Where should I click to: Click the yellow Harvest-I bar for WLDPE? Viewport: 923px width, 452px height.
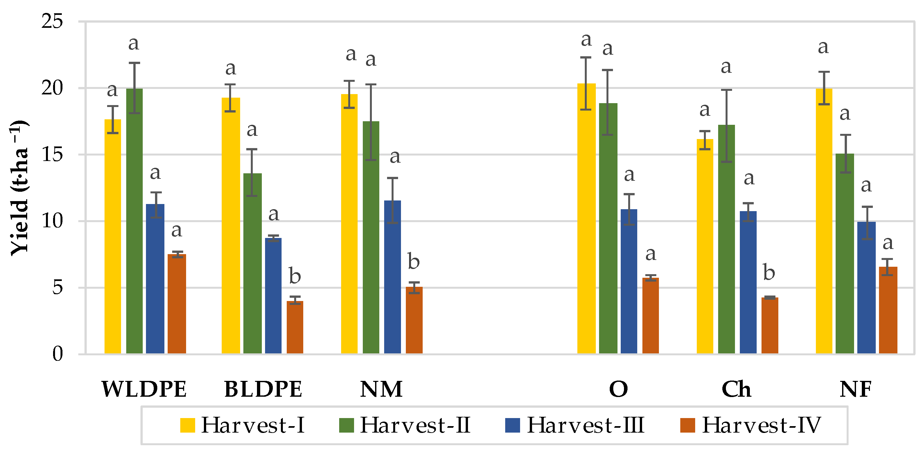click(x=113, y=236)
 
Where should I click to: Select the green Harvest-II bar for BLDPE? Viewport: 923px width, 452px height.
click(x=252, y=263)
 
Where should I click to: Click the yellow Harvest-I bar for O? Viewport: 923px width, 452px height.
click(x=586, y=218)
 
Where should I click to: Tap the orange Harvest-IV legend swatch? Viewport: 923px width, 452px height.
click(x=688, y=425)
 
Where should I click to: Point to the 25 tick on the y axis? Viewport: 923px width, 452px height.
click(x=52, y=21)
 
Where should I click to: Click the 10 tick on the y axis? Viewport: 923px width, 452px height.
click(x=52, y=221)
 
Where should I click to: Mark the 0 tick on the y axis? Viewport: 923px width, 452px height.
click(x=57, y=354)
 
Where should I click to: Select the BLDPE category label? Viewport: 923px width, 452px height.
click(x=263, y=389)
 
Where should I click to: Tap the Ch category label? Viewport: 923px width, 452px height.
click(x=736, y=389)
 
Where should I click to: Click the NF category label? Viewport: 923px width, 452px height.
click(x=855, y=389)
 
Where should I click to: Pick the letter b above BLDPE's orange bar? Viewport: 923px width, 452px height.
click(x=295, y=276)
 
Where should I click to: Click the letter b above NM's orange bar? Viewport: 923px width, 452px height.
click(x=414, y=262)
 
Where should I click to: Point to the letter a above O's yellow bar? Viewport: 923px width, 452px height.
click(x=586, y=40)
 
